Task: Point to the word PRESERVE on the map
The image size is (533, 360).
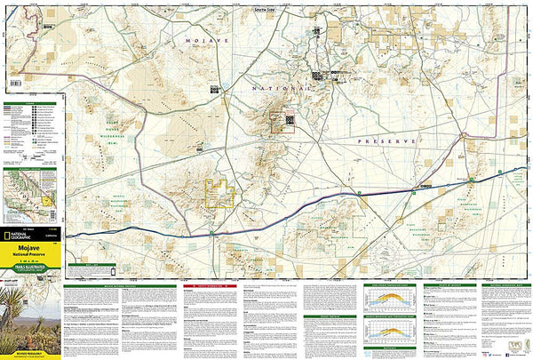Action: [388, 141]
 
